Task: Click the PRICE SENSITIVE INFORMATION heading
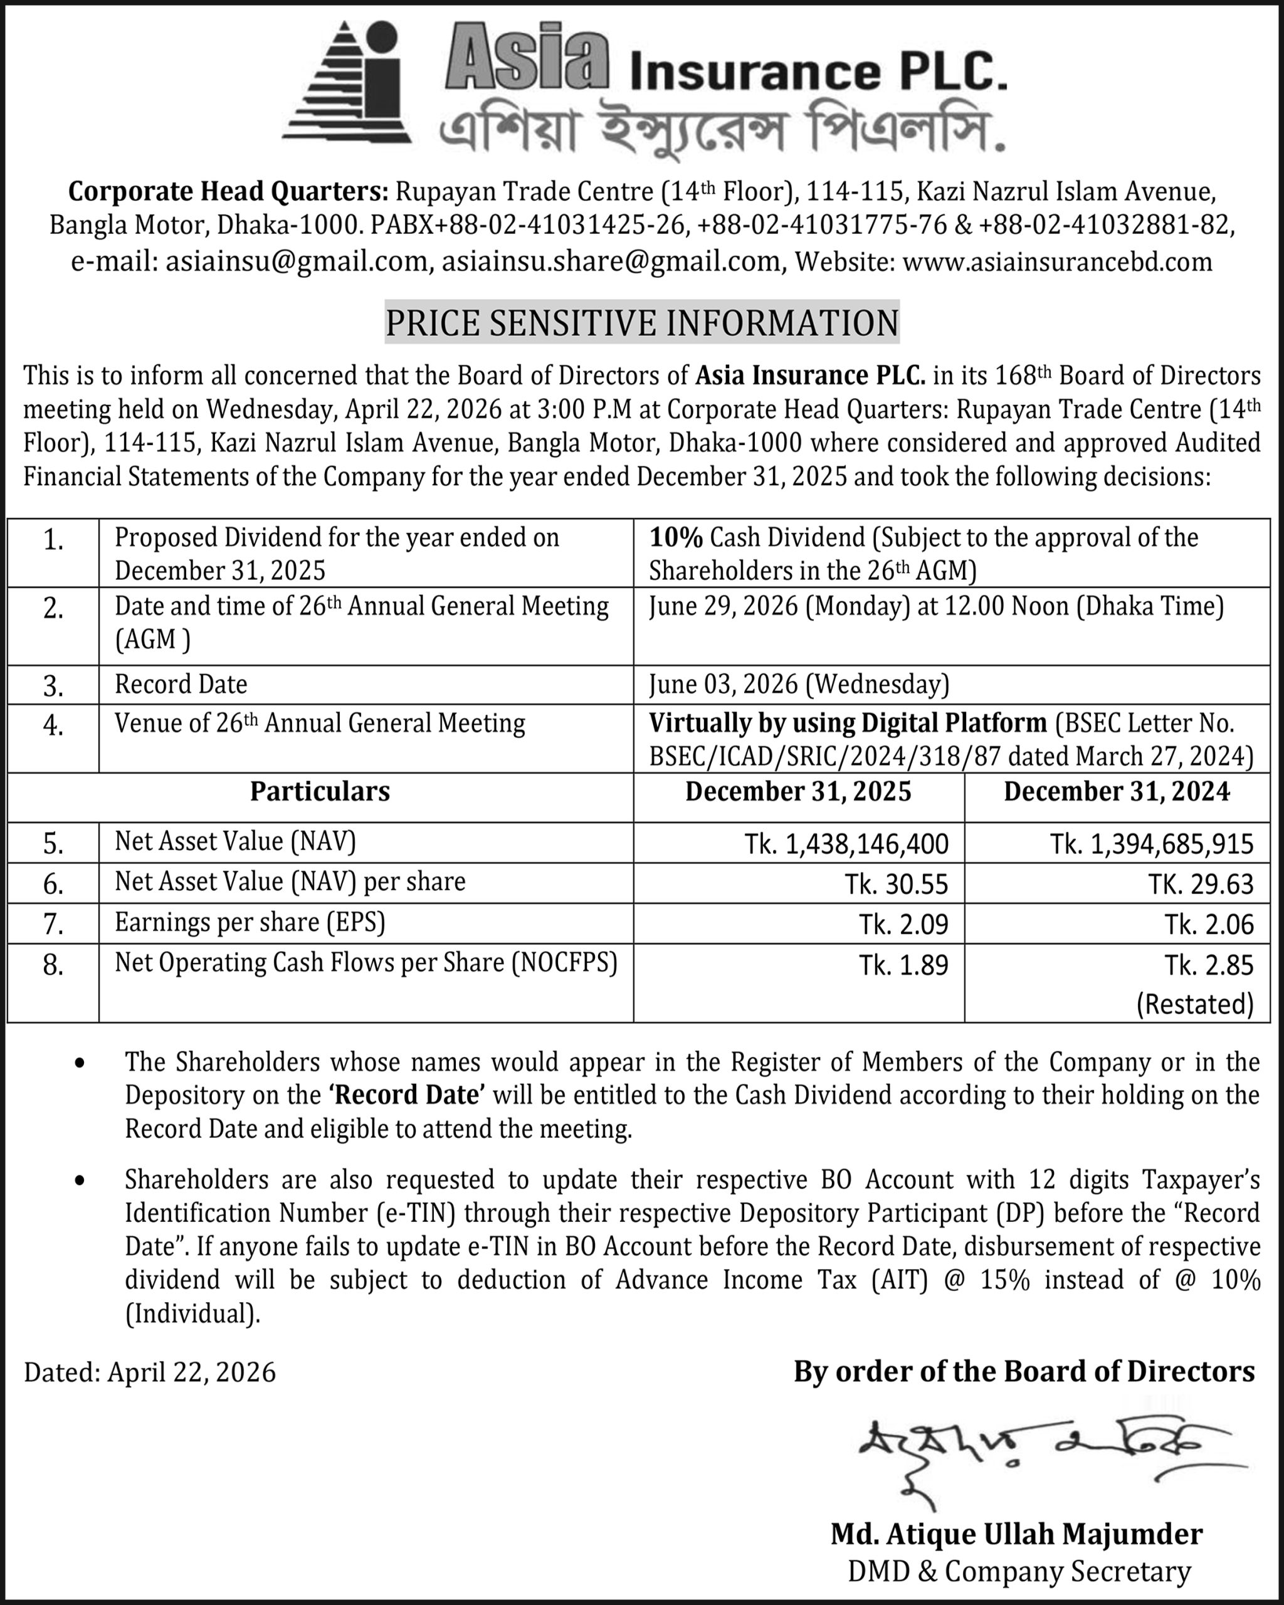(641, 322)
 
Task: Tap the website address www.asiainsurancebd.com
(1057, 261)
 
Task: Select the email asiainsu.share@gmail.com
(611, 261)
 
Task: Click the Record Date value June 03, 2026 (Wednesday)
(799, 684)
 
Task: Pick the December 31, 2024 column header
(1117, 791)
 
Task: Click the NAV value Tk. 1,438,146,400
(846, 843)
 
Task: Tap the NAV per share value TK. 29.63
(1201, 885)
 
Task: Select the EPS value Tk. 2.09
(903, 925)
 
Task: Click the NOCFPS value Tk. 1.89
(903, 966)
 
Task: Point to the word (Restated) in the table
(1195, 1004)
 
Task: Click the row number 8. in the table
(53, 966)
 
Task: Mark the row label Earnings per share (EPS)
(250, 923)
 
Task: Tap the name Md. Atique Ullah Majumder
(1017, 1535)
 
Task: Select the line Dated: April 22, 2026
(150, 1371)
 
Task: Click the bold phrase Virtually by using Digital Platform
(848, 723)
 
